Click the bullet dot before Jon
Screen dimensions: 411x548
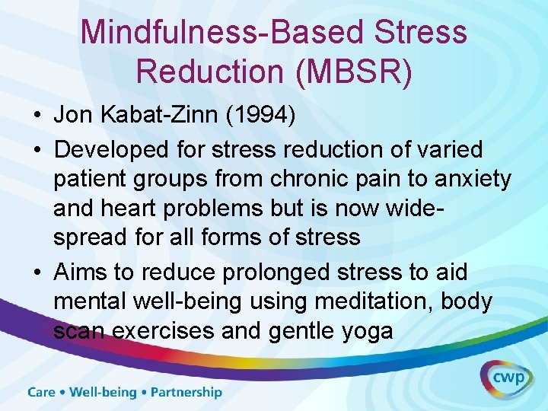coord(37,115)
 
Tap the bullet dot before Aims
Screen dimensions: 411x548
coord(37,272)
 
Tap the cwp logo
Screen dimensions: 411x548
coord(505,378)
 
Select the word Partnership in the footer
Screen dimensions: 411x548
coord(186,393)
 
